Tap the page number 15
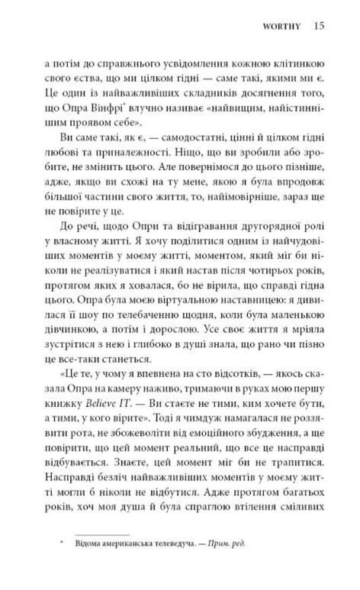tap(319, 25)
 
